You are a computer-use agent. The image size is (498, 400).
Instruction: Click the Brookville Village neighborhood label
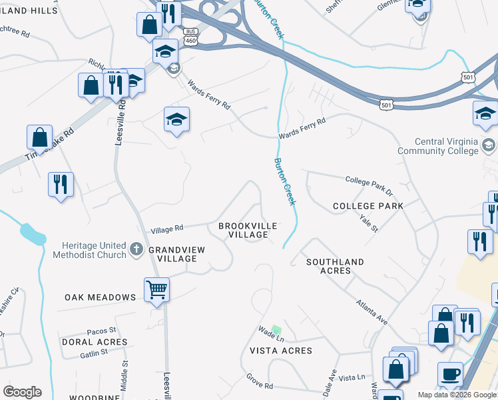tap(248, 231)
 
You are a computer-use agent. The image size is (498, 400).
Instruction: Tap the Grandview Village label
tap(172, 254)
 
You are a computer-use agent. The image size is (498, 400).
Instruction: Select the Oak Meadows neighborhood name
tap(101, 297)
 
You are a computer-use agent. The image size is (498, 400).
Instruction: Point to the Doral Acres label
tap(94, 342)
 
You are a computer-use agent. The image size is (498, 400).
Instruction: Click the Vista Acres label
tap(280, 351)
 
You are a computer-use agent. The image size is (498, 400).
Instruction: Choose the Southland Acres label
tap(335, 266)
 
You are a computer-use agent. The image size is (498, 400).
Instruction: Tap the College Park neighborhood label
tap(368, 207)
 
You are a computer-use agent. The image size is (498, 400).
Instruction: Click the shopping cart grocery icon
tap(156, 290)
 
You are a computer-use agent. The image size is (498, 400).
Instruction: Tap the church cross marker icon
tap(136, 249)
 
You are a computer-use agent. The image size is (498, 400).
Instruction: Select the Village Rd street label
tap(166, 229)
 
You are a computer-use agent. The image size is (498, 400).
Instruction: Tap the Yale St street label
tap(368, 223)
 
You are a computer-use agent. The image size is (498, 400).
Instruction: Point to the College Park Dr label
tap(370, 185)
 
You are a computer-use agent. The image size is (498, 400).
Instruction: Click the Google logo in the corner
tap(22, 392)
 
